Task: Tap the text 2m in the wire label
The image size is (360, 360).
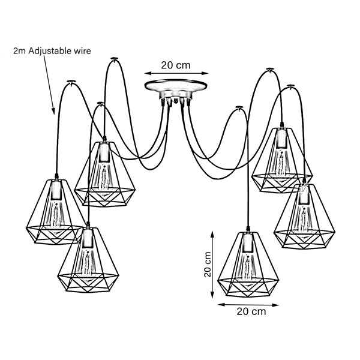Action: pos(19,51)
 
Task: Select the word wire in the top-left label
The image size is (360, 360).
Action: pos(82,51)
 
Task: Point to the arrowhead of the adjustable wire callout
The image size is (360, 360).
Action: pos(53,111)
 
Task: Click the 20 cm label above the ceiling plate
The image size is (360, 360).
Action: pos(176,65)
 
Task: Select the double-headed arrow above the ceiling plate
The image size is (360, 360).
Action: pos(176,73)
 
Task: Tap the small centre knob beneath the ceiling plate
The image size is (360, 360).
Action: pos(176,101)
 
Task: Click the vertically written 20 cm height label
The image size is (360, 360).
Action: pos(208,264)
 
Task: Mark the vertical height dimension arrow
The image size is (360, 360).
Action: pos(212,265)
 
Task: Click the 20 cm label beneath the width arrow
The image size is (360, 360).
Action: pos(251,311)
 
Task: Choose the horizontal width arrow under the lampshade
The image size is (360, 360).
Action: pos(248,305)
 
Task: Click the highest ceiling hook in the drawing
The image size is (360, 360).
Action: pos(114,59)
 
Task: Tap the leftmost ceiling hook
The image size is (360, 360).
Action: pos(71,82)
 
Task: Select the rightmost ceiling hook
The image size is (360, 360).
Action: pos(290,86)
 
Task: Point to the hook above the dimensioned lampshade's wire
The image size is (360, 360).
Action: pos(239,107)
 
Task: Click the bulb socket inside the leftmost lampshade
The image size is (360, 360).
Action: pos(56,190)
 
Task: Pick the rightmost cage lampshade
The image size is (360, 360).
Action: pos(304,216)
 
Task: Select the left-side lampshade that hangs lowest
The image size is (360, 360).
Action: pos(88,260)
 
